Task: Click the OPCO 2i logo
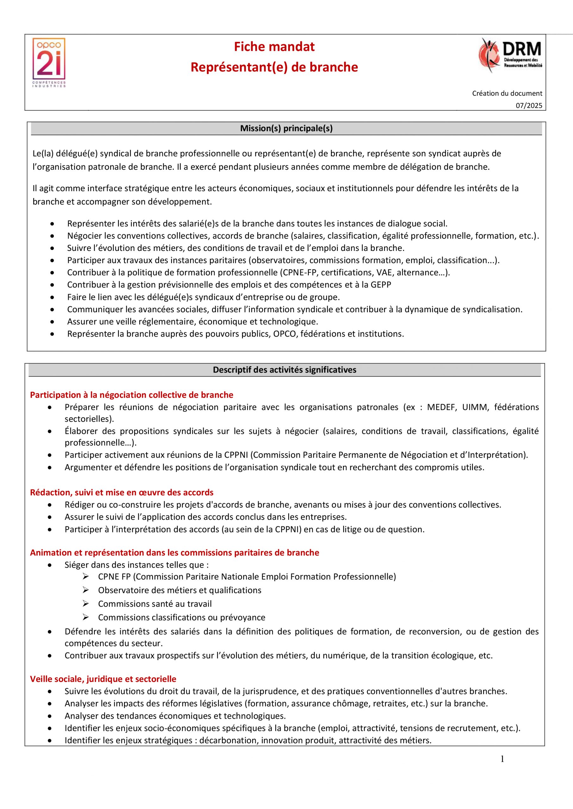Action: coord(49,63)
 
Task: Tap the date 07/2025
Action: coord(529,106)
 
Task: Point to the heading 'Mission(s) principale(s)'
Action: coord(286,128)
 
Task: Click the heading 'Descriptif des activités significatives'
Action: coord(284,370)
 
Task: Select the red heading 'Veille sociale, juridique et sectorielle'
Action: coord(103,678)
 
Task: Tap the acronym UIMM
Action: coord(474,407)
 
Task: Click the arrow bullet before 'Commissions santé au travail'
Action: coord(85,604)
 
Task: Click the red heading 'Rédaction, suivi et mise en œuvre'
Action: coord(122,492)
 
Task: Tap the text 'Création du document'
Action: coord(507,93)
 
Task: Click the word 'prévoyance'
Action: coord(243,617)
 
